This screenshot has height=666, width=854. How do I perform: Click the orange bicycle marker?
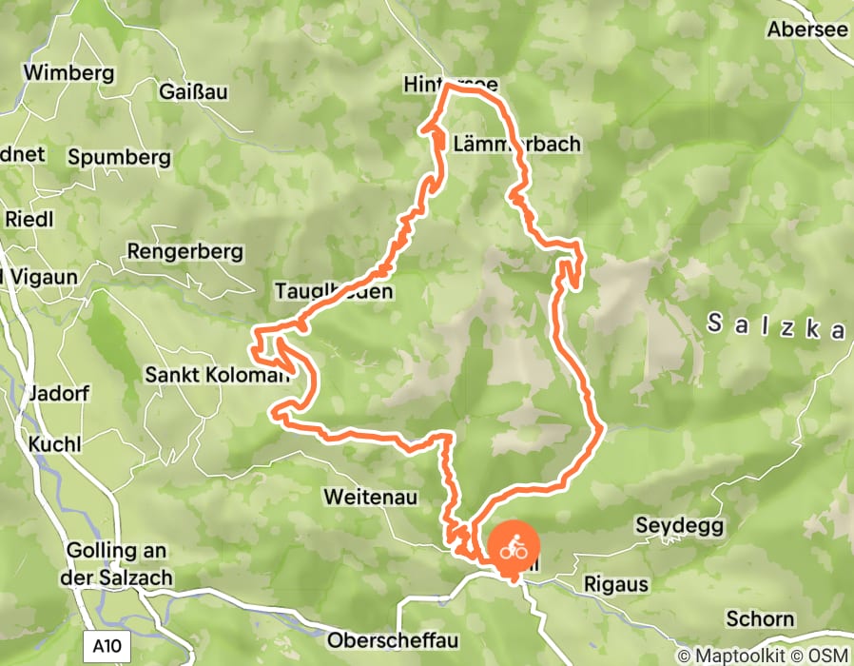pyautogui.click(x=514, y=548)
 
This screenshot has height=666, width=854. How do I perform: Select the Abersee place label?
pyautogui.click(x=807, y=29)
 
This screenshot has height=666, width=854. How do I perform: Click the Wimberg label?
pyautogui.click(x=68, y=72)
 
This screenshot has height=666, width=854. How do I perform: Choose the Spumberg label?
pyautogui.click(x=120, y=157)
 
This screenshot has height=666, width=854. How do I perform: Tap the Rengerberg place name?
pyautogui.click(x=184, y=253)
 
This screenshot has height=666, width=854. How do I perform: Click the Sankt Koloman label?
pyautogui.click(x=216, y=375)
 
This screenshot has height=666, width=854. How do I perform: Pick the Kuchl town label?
pyautogui.click(x=54, y=444)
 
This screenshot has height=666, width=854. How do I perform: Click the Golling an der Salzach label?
pyautogui.click(x=117, y=563)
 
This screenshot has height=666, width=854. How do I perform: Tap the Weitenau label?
pyautogui.click(x=366, y=497)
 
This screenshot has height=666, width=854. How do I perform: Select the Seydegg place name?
pyautogui.click(x=679, y=525)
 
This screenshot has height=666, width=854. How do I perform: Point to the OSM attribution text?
pyautogui.click(x=827, y=656)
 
